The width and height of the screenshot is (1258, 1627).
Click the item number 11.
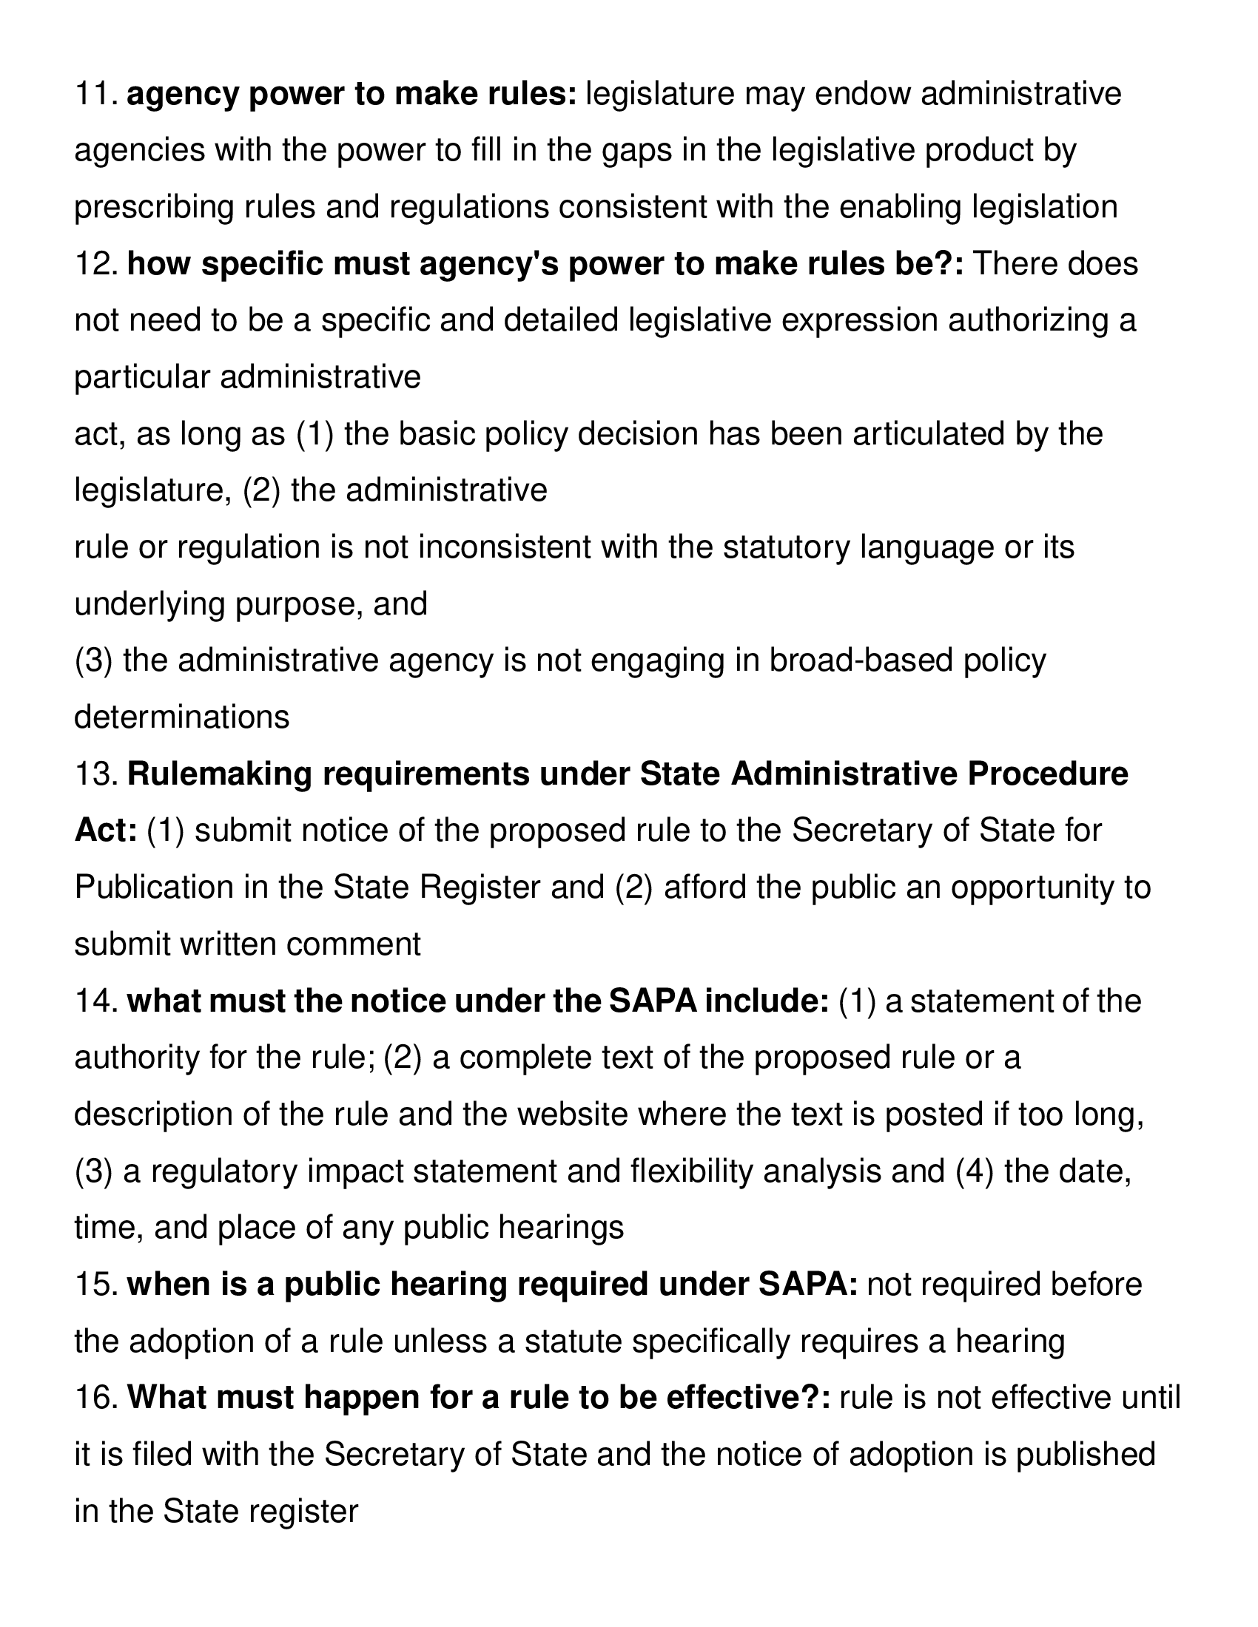point(95,95)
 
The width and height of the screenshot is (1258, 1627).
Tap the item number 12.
point(95,265)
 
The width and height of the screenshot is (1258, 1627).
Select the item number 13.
point(95,775)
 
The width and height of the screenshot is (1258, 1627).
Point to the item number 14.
point(95,1001)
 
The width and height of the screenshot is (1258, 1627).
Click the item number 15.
point(95,1285)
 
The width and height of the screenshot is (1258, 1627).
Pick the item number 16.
point(95,1398)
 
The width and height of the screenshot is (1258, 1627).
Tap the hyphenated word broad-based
point(861,660)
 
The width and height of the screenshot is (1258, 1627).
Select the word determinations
point(182,717)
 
